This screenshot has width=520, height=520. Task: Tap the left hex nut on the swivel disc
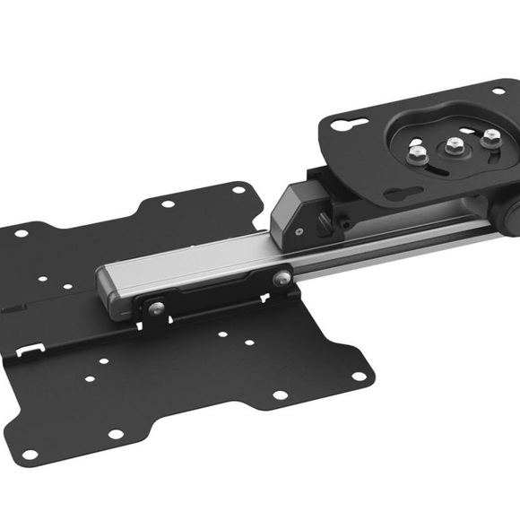pos(416,155)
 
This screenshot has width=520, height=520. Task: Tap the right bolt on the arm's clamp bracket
pos(283,278)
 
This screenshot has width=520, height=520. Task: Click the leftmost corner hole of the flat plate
pos(21,234)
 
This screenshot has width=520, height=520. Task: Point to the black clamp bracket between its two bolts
pos(220,297)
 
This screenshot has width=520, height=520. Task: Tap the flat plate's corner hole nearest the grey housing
pos(238,189)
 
